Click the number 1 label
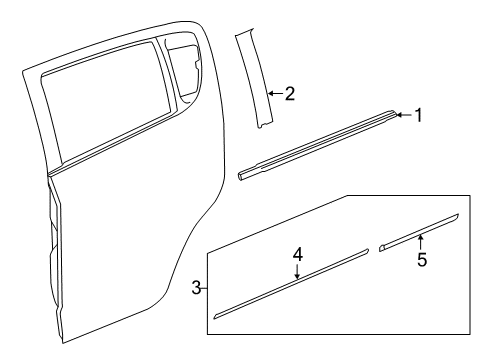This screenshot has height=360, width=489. pyautogui.click(x=419, y=115)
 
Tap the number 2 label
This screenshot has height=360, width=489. pyautogui.click(x=289, y=94)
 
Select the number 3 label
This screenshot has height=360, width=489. pyautogui.click(x=195, y=288)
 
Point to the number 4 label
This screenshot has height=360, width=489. pyautogui.click(x=297, y=256)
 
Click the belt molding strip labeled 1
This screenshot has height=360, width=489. pyautogui.click(x=320, y=143)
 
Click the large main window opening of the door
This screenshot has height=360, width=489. pyautogui.click(x=105, y=100)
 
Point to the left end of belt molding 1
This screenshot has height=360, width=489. pyautogui.click(x=243, y=175)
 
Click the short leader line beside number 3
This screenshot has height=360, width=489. pyautogui.click(x=203, y=288)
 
